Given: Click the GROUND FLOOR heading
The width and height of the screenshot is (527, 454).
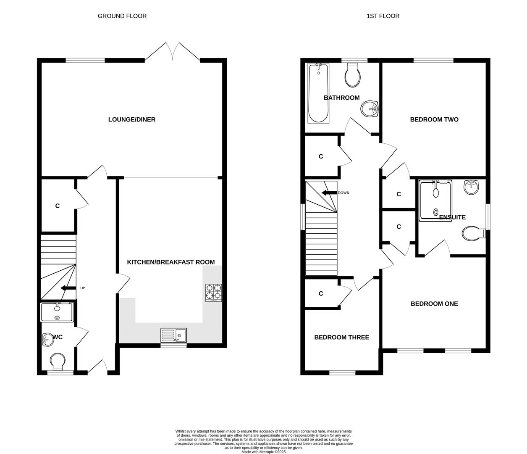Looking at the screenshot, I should (x=122, y=16).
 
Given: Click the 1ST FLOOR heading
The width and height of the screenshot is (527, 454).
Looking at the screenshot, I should (x=383, y=16).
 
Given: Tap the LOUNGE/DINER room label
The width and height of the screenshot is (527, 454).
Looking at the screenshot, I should (x=132, y=119).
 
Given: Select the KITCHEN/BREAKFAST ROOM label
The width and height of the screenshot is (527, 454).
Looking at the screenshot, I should (x=171, y=262).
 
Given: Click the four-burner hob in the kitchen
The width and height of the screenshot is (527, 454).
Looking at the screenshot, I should (x=213, y=293).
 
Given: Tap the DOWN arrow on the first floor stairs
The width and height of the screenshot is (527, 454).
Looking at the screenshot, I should (x=329, y=193).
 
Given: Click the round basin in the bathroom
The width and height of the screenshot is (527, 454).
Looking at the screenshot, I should (x=370, y=109).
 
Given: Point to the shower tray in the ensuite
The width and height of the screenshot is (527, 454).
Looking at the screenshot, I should (x=435, y=200).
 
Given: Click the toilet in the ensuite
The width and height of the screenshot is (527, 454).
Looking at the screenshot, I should (x=473, y=234).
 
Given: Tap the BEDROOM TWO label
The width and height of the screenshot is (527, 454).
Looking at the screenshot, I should (x=434, y=119).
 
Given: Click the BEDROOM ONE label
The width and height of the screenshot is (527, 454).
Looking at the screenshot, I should (x=434, y=304).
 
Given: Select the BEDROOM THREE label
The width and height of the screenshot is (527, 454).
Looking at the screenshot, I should (x=341, y=337).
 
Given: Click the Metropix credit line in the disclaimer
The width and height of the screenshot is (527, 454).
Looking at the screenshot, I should (x=263, y=452).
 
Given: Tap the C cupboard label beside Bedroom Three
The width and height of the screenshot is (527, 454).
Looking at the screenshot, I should (x=321, y=293).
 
